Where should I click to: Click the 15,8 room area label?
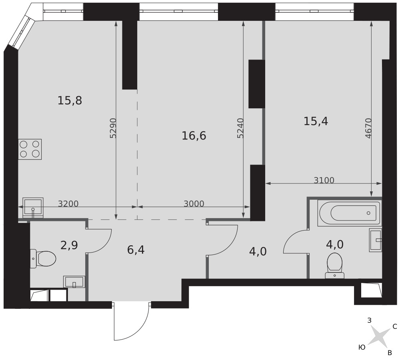[70, 100]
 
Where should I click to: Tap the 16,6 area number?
[194, 135]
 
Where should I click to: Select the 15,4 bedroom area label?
[316, 121]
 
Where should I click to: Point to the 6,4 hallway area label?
[136, 250]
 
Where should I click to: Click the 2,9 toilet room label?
[69, 245]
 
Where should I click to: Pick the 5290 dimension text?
[113, 128]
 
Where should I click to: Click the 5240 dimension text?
[240, 128]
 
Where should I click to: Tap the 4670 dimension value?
[368, 128]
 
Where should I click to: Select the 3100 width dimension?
[324, 180]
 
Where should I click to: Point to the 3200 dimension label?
[68, 203]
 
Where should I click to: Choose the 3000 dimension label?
[194, 203]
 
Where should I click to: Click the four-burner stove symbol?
[30, 149]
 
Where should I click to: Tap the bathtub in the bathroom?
[350, 213]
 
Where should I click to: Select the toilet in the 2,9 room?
[43, 259]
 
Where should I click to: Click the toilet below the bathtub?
[335, 265]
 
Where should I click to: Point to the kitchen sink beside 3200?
[33, 208]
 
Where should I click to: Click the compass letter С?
[394, 326]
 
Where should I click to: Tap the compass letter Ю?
[362, 347]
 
